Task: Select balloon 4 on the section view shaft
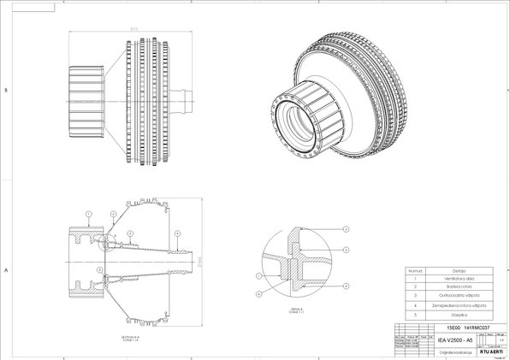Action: click(177, 233)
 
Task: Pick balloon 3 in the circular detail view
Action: click(347, 230)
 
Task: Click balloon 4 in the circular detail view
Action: click(347, 249)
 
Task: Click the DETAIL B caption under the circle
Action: click(298, 309)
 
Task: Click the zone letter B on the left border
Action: click(6, 89)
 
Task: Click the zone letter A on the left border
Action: click(6, 269)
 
